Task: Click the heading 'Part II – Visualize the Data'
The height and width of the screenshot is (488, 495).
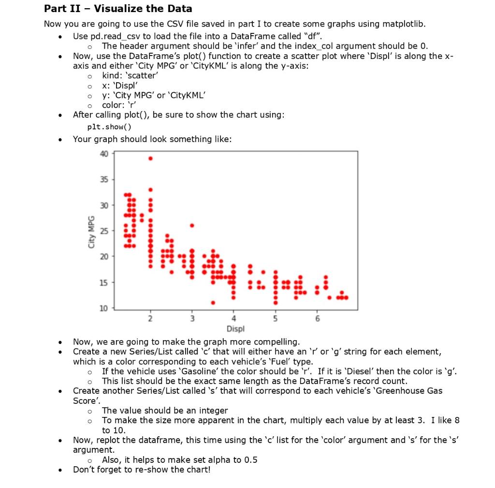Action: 117,9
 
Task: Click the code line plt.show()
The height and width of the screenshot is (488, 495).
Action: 109,127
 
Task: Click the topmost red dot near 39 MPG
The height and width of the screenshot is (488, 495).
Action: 150,158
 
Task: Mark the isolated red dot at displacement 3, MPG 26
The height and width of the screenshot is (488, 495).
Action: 192,225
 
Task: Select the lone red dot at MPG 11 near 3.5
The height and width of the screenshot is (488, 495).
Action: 213,302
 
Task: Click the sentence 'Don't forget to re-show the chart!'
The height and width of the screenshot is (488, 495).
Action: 142,470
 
